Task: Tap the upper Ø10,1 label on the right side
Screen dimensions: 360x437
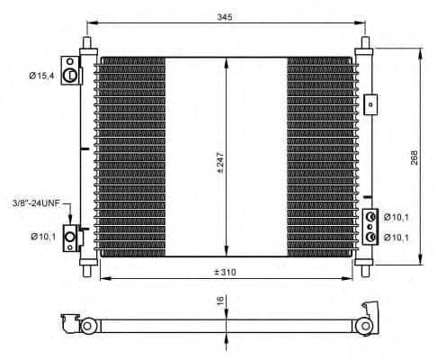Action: pyautogui.click(x=397, y=217)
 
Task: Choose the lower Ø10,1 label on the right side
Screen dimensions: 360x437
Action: pyautogui.click(x=397, y=237)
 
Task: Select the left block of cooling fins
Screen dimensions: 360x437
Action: pyautogui.click(x=132, y=157)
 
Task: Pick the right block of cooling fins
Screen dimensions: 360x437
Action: pyautogui.click(x=319, y=157)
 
